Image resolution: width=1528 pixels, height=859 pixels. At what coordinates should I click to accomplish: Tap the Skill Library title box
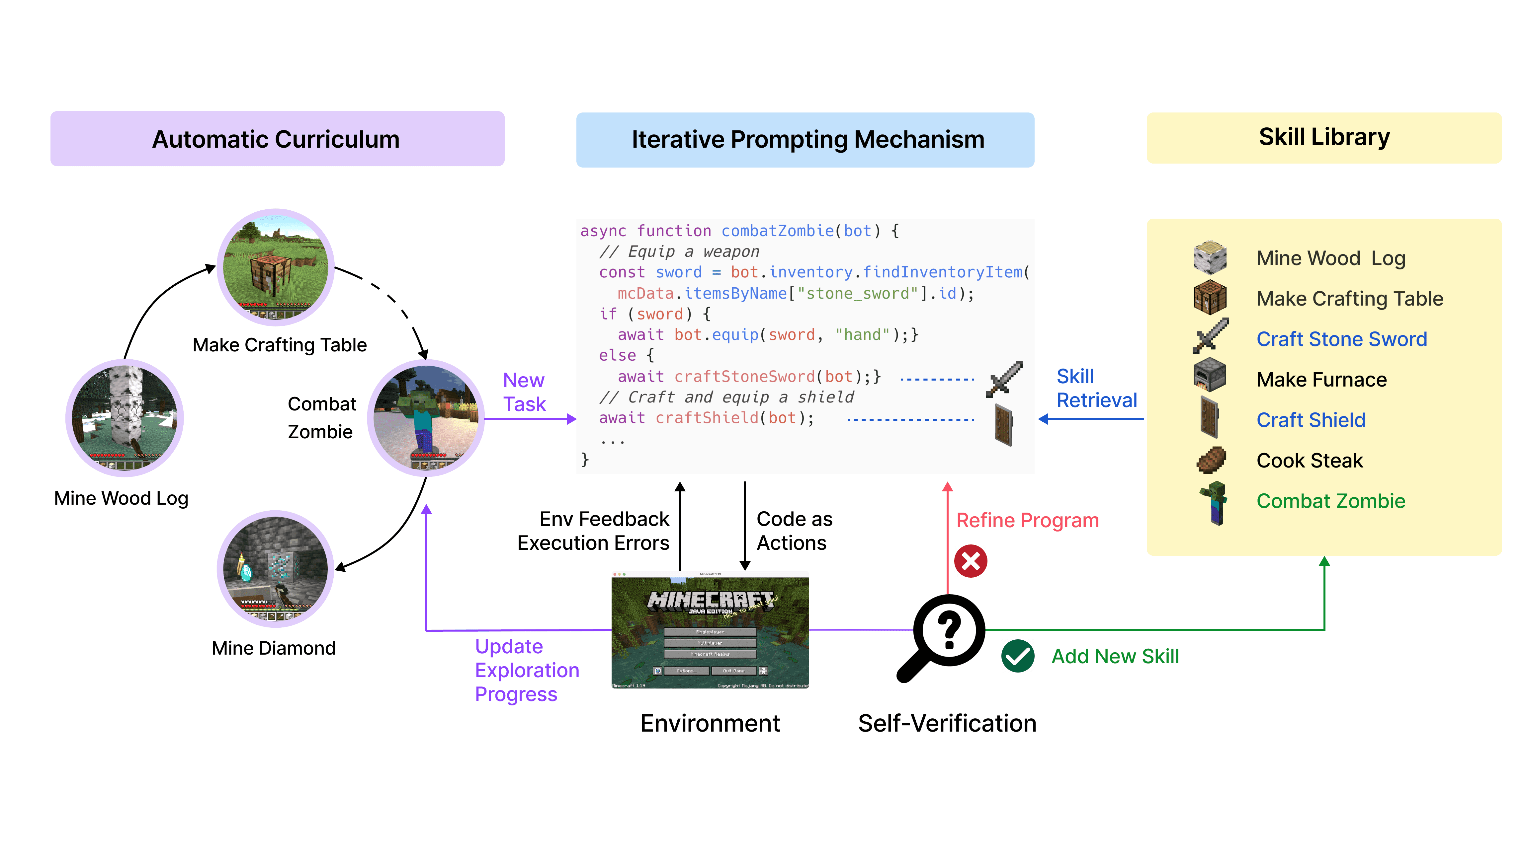click(1323, 138)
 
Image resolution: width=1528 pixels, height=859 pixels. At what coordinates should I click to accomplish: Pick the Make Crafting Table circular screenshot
click(275, 267)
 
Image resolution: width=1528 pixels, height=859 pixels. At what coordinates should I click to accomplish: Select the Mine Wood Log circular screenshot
click(125, 418)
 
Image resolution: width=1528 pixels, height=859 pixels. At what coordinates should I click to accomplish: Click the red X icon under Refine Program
click(971, 561)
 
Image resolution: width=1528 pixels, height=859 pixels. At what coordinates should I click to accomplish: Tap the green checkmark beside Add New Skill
click(1017, 656)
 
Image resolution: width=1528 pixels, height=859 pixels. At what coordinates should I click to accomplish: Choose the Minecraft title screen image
click(710, 630)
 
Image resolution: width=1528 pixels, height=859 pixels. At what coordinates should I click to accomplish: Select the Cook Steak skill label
click(1309, 461)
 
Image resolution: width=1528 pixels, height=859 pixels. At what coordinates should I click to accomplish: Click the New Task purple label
click(524, 392)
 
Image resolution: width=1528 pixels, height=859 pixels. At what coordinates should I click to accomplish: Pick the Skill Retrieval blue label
click(1096, 388)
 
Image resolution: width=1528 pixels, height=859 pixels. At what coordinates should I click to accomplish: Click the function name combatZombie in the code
click(777, 231)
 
